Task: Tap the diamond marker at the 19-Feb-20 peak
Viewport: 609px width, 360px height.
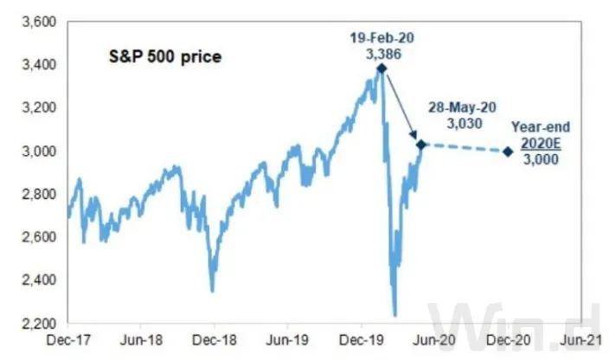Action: tap(381, 67)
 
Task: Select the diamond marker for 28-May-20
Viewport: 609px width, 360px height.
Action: tap(421, 145)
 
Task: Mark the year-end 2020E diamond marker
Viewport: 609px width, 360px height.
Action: tap(508, 151)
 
